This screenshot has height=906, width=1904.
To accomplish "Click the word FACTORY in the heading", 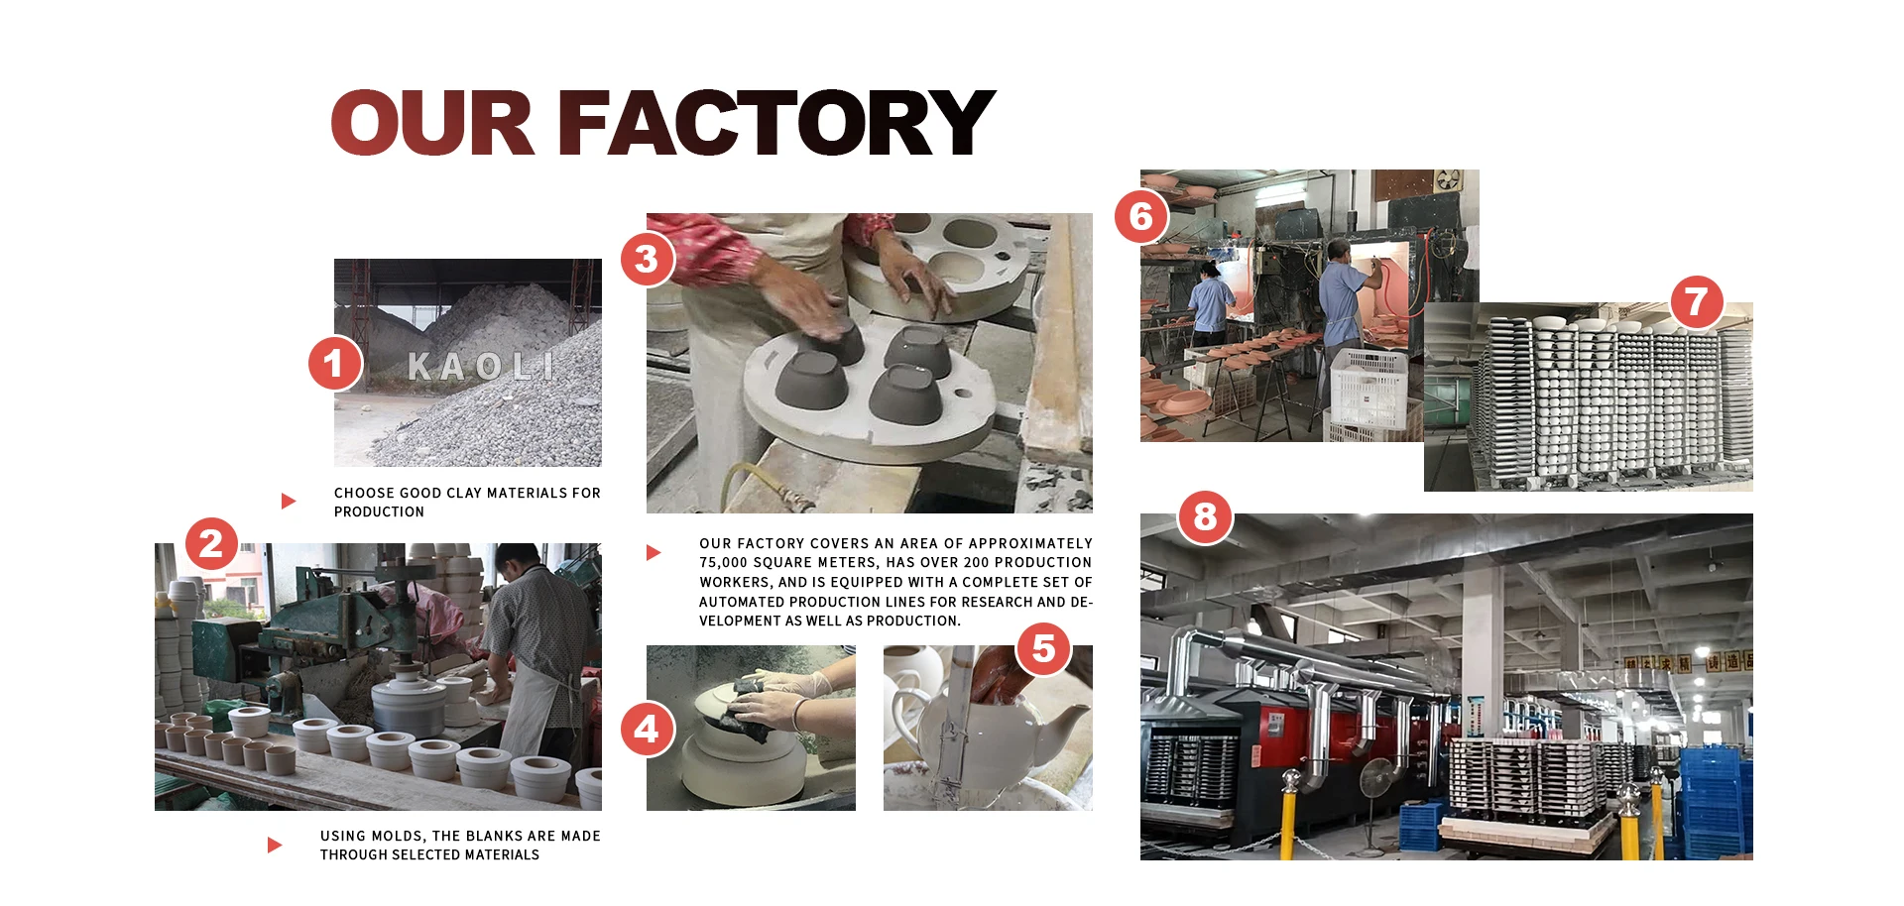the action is [776, 123].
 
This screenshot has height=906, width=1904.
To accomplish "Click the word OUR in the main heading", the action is [433, 123].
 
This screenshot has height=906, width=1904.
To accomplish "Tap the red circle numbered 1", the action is [335, 363].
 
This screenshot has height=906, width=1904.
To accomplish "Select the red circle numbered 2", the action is [211, 543].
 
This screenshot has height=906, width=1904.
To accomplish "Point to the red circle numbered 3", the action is [647, 259].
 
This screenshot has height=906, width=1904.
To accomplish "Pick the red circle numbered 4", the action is [647, 730].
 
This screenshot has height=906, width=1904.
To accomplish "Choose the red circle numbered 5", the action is [1043, 648].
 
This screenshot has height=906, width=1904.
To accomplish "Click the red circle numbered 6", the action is [1141, 216].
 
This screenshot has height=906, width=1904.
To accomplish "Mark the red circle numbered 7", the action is [1697, 301].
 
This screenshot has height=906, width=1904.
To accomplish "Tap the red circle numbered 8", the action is [1205, 516].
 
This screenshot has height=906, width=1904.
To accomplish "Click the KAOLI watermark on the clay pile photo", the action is [481, 367].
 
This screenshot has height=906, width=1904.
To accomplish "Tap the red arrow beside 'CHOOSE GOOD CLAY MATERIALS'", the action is [289, 501].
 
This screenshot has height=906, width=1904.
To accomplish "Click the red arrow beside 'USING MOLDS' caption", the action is [275, 845].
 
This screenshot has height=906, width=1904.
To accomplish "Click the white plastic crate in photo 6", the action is [1368, 387].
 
